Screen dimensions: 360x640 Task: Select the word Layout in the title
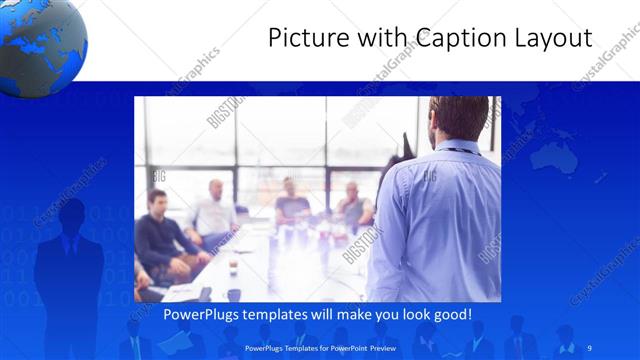549,39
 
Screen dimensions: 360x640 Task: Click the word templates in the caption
285,315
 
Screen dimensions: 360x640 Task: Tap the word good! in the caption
450,315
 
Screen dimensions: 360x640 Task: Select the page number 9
589,347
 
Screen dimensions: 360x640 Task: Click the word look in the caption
409,315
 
